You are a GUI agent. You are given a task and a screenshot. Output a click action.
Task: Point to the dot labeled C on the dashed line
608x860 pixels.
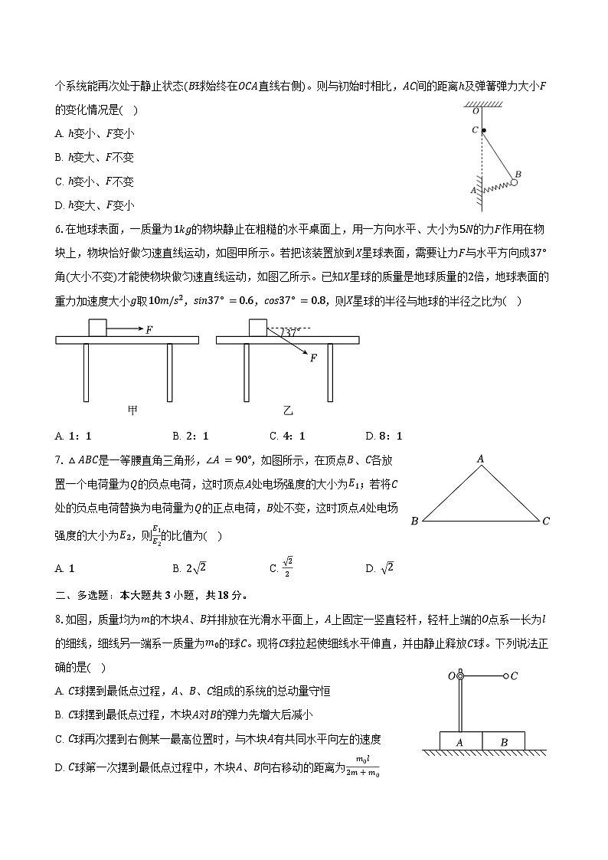(x=483, y=130)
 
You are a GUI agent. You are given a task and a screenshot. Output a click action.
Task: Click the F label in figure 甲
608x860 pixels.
(x=149, y=329)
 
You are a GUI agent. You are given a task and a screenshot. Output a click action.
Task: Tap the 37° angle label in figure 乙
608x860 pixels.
(x=291, y=333)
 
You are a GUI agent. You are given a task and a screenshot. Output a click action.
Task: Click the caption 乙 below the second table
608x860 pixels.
(x=288, y=410)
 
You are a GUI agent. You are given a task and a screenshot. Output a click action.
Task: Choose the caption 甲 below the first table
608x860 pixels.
(x=132, y=410)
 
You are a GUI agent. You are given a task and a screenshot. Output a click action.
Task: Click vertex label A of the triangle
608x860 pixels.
(x=481, y=459)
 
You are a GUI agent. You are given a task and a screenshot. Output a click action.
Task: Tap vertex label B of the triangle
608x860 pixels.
(x=414, y=522)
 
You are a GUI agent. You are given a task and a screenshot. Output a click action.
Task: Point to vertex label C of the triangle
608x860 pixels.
(x=546, y=522)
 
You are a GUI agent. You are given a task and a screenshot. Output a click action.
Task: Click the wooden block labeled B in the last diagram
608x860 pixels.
(x=504, y=741)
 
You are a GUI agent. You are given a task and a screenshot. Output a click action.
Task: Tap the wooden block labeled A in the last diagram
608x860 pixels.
(x=461, y=741)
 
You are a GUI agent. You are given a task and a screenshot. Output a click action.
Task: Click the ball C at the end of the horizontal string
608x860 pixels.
(x=505, y=676)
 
